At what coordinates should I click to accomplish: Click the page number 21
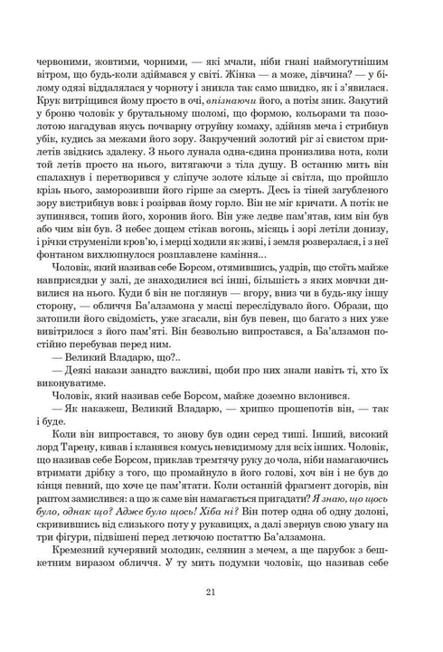(x=221, y=593)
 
